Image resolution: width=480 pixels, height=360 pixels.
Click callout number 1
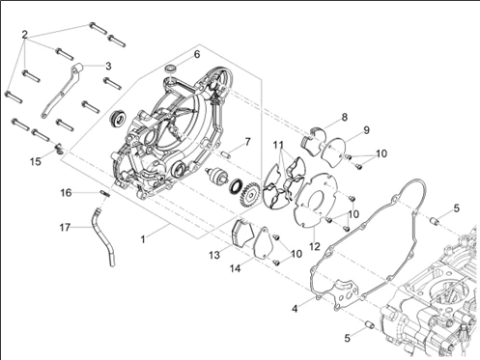(143, 239)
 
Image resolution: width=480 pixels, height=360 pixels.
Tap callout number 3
(108, 66)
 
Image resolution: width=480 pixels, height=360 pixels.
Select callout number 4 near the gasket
(295, 309)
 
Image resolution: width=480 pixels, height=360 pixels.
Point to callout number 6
(197, 54)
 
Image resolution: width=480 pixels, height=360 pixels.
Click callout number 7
(247, 142)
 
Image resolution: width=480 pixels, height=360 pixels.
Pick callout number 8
(345, 117)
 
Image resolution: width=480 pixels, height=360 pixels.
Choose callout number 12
(315, 246)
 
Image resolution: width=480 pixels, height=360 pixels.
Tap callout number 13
(214, 255)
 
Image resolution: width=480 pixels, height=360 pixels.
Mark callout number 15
(36, 161)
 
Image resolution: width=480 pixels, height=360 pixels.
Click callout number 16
(66, 193)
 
